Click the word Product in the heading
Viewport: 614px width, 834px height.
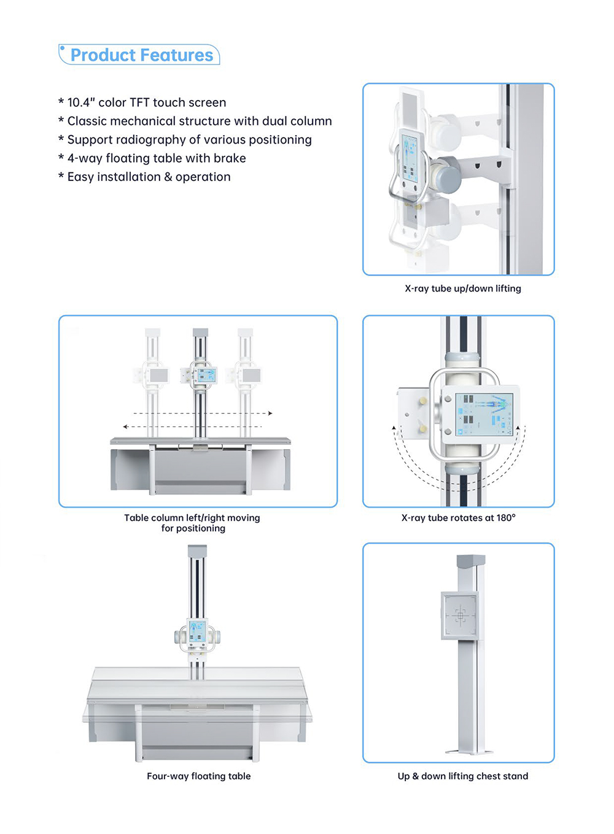(x=103, y=55)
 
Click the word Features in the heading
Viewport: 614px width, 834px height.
(x=177, y=55)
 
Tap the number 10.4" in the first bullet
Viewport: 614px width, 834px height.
(x=81, y=102)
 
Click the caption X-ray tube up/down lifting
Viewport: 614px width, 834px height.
(x=463, y=288)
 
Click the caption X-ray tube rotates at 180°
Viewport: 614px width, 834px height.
(x=458, y=518)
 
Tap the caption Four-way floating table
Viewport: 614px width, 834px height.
(x=198, y=776)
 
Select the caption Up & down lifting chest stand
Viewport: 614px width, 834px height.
(x=463, y=776)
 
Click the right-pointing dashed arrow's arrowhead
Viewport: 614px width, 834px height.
(x=270, y=413)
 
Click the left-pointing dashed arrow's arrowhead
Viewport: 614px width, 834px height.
(x=125, y=427)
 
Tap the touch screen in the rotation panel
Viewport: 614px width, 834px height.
(x=484, y=415)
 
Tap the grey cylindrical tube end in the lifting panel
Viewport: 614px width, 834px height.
(x=449, y=175)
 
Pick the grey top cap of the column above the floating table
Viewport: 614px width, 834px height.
(x=197, y=551)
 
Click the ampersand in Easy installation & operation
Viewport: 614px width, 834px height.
(x=168, y=177)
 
